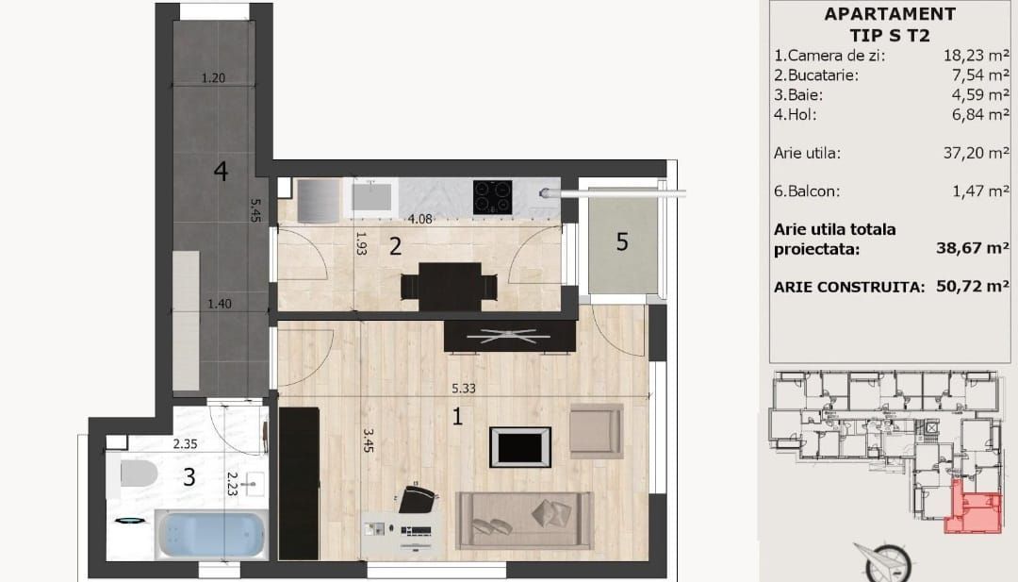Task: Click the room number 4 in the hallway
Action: [x=221, y=172]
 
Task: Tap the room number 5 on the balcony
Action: [x=621, y=241]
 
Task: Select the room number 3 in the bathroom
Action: [x=189, y=477]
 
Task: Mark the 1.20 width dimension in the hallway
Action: [x=214, y=78]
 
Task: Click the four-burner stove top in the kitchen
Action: [x=491, y=196]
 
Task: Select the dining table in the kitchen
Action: [x=449, y=284]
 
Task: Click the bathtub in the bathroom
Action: [x=211, y=535]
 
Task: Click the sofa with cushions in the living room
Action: [x=526, y=520]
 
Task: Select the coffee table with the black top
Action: [x=519, y=445]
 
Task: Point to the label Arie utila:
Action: [x=807, y=152]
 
